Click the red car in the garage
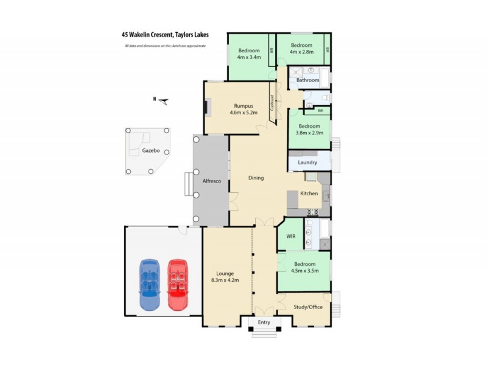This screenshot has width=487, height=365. click(x=178, y=285)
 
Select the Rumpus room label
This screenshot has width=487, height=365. click(x=243, y=105)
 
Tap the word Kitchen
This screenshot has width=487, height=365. click(x=309, y=193)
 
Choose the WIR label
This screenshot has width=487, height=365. click(x=290, y=237)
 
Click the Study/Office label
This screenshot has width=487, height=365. click(x=307, y=307)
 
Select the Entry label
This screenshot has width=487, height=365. click(x=264, y=322)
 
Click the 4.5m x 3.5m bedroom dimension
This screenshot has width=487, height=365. click(x=305, y=271)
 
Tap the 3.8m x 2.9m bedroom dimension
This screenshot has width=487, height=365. click(x=309, y=133)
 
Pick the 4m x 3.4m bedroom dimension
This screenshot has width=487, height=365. click(x=249, y=57)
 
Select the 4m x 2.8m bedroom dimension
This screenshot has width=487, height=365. click(x=301, y=52)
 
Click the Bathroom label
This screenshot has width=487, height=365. click(x=307, y=80)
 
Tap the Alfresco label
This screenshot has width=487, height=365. click(x=211, y=181)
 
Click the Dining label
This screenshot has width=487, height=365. click(x=256, y=178)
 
